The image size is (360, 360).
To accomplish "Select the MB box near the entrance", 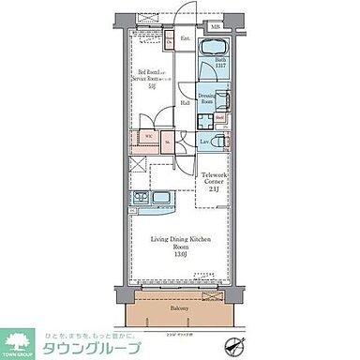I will tap(214, 26).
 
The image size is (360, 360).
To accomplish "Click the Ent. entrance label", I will tap(186, 39).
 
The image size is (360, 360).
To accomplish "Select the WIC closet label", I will tap(148, 135).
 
